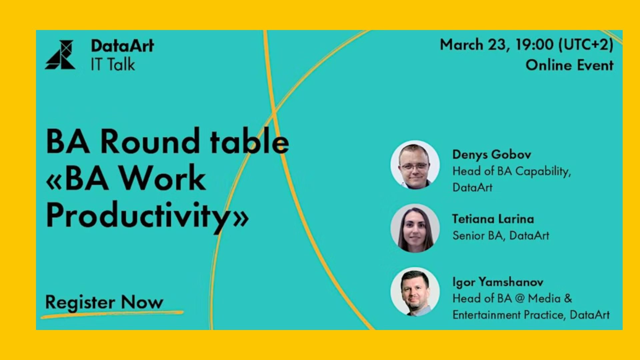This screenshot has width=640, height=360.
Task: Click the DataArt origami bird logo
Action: (60, 55)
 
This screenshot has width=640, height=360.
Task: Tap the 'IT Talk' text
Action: (113, 64)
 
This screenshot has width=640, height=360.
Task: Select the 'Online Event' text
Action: (570, 65)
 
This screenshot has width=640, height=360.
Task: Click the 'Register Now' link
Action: (104, 303)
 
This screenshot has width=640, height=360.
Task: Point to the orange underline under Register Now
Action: (112, 314)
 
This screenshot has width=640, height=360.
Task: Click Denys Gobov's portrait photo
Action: (415, 165)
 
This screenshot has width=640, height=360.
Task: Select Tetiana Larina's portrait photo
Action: (415, 228)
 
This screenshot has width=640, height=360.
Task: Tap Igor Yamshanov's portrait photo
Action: (415, 292)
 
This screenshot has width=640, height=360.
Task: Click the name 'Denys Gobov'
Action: (492, 155)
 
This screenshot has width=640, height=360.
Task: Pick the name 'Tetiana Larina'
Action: (493, 219)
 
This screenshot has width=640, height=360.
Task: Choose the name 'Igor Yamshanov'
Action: (498, 282)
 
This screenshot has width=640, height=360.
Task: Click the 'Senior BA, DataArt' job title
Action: (501, 236)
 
